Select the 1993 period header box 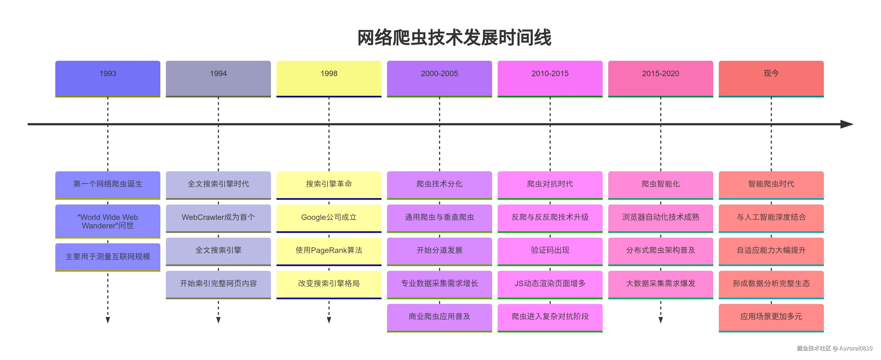coord(108,78)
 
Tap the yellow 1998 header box coord(329,78)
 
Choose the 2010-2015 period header coord(550,78)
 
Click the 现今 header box coord(771,78)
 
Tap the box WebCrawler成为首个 coord(218,217)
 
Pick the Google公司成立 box coord(329,217)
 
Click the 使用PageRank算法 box coord(329,250)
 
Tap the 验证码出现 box coord(550,250)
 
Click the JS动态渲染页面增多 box coord(550,283)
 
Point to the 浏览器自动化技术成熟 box coord(661,217)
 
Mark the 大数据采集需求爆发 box coord(661,283)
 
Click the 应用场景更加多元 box coord(771,317)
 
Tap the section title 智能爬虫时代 coord(771,184)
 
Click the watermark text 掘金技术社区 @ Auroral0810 coord(834,348)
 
